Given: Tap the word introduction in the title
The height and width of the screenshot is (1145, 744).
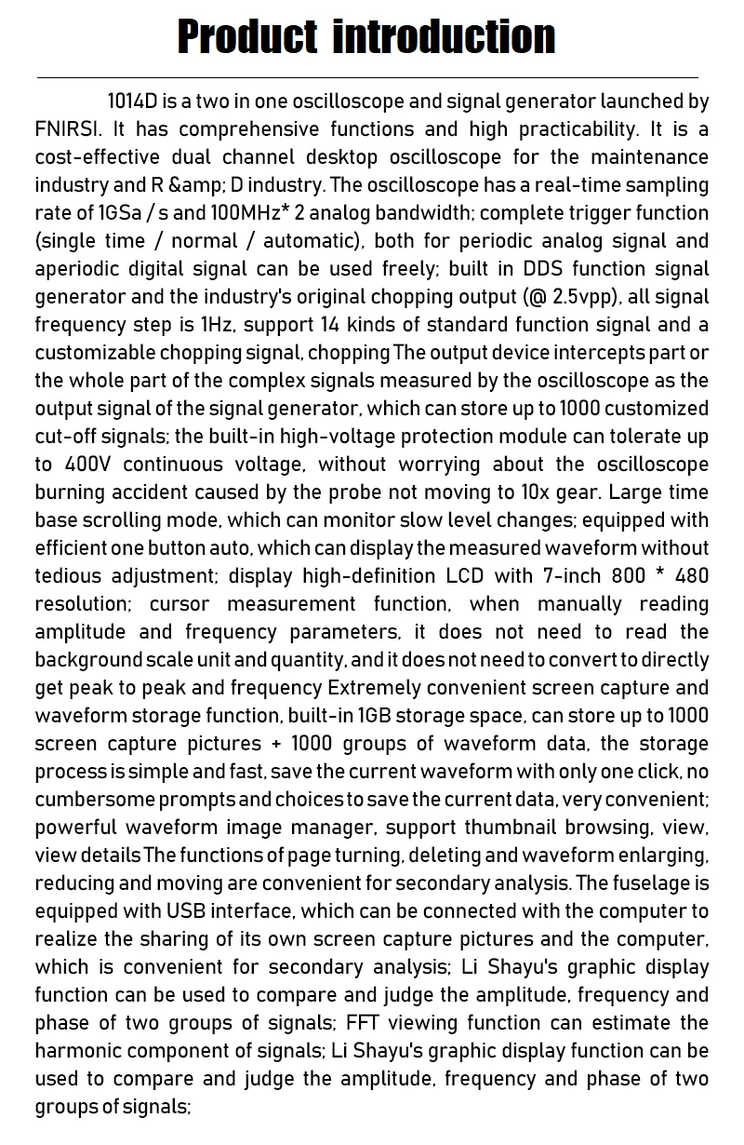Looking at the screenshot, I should pos(444,37).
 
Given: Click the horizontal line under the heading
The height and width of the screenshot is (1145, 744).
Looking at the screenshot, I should pos(367,77).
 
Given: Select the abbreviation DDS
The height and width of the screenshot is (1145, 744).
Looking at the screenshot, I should pos(543,269).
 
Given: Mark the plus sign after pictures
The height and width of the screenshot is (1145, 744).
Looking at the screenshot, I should pos(276,744).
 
